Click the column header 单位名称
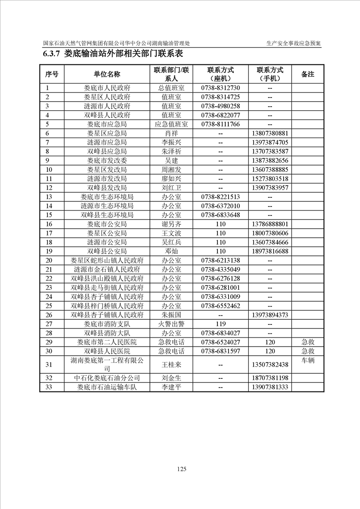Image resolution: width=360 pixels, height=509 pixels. pyautogui.click(x=107, y=74)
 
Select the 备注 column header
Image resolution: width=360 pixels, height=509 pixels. pyautogui.click(x=308, y=74)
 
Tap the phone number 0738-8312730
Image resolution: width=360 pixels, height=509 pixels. pyautogui.click(x=220, y=88)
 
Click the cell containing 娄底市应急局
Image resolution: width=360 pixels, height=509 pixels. pyautogui.click(x=107, y=124)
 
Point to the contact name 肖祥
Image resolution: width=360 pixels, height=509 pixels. pyautogui.click(x=172, y=133)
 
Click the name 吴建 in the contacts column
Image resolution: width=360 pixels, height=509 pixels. pyautogui.click(x=172, y=161)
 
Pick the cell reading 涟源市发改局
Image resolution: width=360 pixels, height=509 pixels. pyautogui.click(x=107, y=179)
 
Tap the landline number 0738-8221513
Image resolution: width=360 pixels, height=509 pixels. pyautogui.click(x=220, y=197)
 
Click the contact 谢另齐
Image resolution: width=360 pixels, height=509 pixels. pyautogui.click(x=172, y=224)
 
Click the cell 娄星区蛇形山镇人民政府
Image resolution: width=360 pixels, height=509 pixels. pyautogui.click(x=107, y=260)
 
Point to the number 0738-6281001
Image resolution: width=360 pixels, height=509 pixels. pyautogui.click(x=220, y=288)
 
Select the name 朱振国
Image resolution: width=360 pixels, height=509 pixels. pyautogui.click(x=172, y=315)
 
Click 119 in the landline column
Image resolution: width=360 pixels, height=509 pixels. pyautogui.click(x=221, y=324)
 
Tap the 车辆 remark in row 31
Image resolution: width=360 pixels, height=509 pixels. pyautogui.click(x=308, y=360)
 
